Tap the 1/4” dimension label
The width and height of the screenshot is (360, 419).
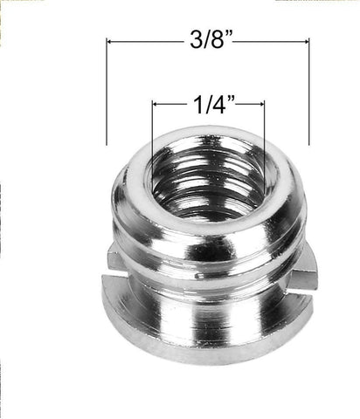pos(208,106)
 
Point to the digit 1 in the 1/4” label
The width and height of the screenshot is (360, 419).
pos(194,106)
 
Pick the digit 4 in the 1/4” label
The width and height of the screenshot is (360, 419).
pos(216,106)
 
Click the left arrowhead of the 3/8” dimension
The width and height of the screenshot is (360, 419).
pos(110,41)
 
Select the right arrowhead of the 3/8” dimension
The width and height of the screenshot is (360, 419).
pos(306,41)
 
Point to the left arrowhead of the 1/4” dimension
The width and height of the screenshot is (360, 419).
pos(156,104)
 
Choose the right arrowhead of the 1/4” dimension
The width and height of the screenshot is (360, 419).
pos(260,104)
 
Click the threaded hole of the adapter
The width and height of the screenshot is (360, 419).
pos(208,179)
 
